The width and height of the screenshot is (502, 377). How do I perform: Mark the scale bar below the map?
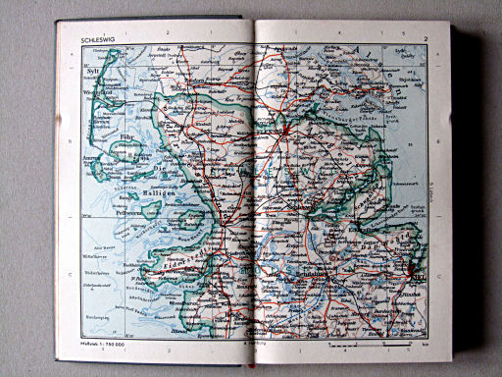368,346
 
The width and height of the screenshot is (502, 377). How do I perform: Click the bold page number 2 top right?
427,39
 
